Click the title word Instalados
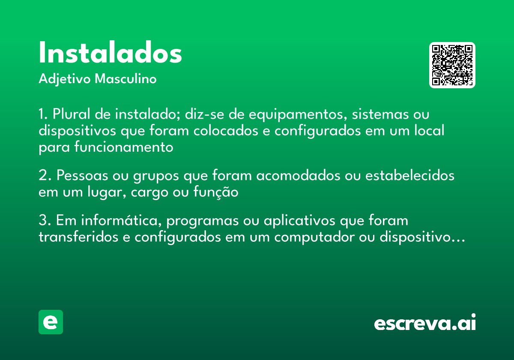click(110, 53)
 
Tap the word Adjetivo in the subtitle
click(64, 79)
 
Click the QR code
click(452, 65)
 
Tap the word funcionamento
click(124, 147)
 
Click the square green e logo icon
click(51, 322)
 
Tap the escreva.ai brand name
click(425, 323)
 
